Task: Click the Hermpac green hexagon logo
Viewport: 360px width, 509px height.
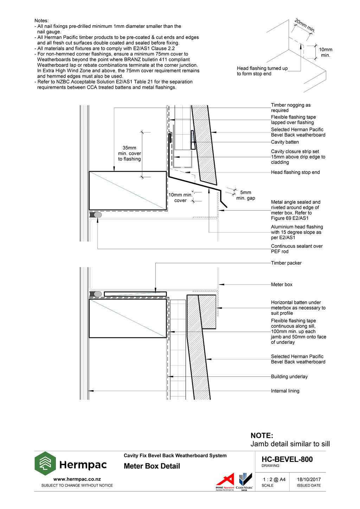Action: pyautogui.click(x=45, y=463)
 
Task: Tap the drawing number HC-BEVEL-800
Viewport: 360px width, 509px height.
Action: pyautogui.click(x=287, y=459)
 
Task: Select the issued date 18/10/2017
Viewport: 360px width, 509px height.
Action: pyautogui.click(x=309, y=479)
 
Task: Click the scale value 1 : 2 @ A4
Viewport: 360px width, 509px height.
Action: pyautogui.click(x=274, y=479)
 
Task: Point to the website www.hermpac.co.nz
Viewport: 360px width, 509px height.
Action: pyautogui.click(x=77, y=479)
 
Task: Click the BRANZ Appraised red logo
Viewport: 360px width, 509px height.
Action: pyautogui.click(x=225, y=481)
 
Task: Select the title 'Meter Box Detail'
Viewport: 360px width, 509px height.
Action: pyautogui.click(x=152, y=466)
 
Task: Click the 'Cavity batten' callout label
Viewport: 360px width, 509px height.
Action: pyautogui.click(x=285, y=142)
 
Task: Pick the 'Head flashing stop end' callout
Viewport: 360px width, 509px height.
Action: pyautogui.click(x=295, y=172)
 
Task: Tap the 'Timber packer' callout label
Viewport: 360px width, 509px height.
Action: pyautogui.click(x=286, y=263)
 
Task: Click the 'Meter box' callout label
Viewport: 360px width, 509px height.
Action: pyautogui.click(x=282, y=285)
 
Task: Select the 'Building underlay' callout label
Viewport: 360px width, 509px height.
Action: pyautogui.click(x=289, y=377)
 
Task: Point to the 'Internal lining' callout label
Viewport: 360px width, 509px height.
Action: pyautogui.click(x=285, y=391)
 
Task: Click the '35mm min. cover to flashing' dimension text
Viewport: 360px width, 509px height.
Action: pyautogui.click(x=129, y=154)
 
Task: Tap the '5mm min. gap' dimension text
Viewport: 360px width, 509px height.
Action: pyautogui.click(x=245, y=195)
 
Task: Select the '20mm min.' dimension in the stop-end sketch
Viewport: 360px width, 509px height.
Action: pyautogui.click(x=304, y=26)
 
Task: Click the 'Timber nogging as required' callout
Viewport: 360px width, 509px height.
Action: pyautogui.click(x=290, y=107)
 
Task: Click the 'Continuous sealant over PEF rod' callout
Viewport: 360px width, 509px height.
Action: pyautogui.click(x=296, y=249)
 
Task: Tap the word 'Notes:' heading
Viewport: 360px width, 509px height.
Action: pyautogui.click(x=41, y=21)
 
